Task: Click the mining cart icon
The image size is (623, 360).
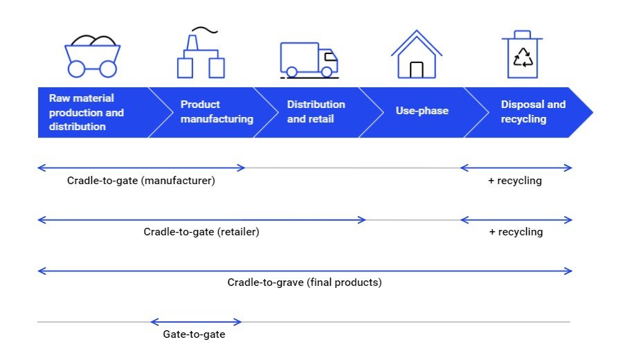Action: point(92,55)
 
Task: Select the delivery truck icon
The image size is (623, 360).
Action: point(309,59)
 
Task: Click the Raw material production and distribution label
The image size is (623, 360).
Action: point(86,112)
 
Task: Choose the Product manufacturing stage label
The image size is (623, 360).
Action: point(217,111)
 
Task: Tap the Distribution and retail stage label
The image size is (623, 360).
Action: point(316,111)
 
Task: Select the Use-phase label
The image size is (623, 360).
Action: point(422,111)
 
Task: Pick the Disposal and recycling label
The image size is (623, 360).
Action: point(533,111)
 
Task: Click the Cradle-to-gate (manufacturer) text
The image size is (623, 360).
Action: point(141,181)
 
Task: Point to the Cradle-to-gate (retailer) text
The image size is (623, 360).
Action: point(201,232)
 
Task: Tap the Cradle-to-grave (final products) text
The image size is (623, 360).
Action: point(305,282)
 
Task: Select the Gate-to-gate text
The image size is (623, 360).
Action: point(194,334)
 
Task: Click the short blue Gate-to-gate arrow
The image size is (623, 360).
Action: point(196,321)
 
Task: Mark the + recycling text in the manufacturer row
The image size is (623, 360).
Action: point(516,181)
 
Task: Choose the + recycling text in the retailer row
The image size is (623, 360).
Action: point(516,232)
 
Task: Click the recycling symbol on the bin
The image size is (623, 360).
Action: point(523,59)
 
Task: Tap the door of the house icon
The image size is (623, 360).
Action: point(416,69)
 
